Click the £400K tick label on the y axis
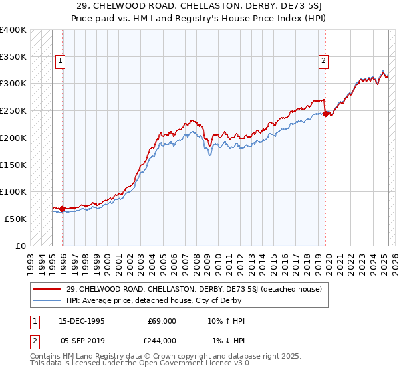pyautogui.click(x=13, y=30)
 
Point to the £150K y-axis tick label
pyautogui.click(x=13, y=165)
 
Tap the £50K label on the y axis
pyautogui.click(x=15, y=219)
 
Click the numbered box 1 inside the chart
pyautogui.click(x=60, y=62)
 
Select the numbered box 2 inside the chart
pyautogui.click(x=324, y=62)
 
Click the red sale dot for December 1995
pyautogui.click(x=63, y=209)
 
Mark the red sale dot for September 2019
pyautogui.click(x=325, y=114)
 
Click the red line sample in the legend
pyautogui.click(x=47, y=289)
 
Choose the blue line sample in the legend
pyautogui.click(x=47, y=300)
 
